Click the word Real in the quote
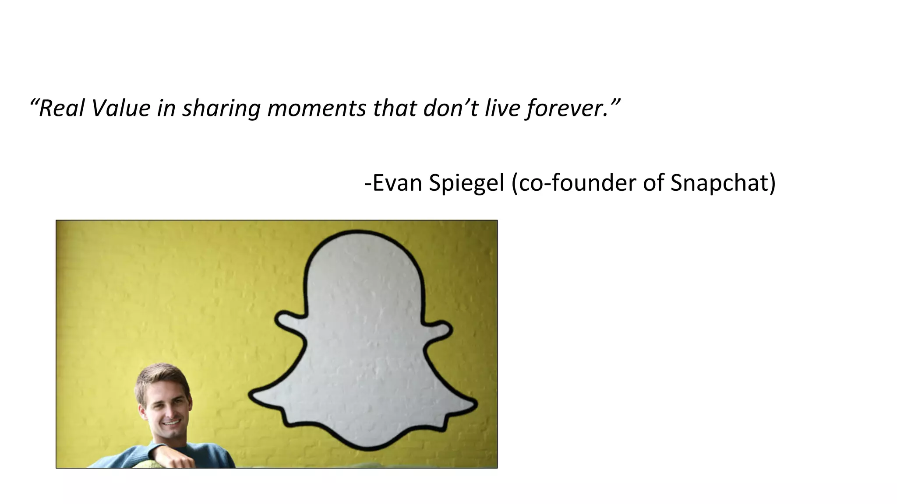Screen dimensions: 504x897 point(61,108)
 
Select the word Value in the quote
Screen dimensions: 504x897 point(121,108)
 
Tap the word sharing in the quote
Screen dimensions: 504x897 point(221,109)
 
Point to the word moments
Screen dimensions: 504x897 point(316,108)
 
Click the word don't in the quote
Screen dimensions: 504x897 point(451,108)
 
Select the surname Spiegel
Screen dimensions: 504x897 point(466,183)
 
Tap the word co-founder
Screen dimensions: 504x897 point(574,182)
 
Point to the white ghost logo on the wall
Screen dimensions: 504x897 point(364,341)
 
